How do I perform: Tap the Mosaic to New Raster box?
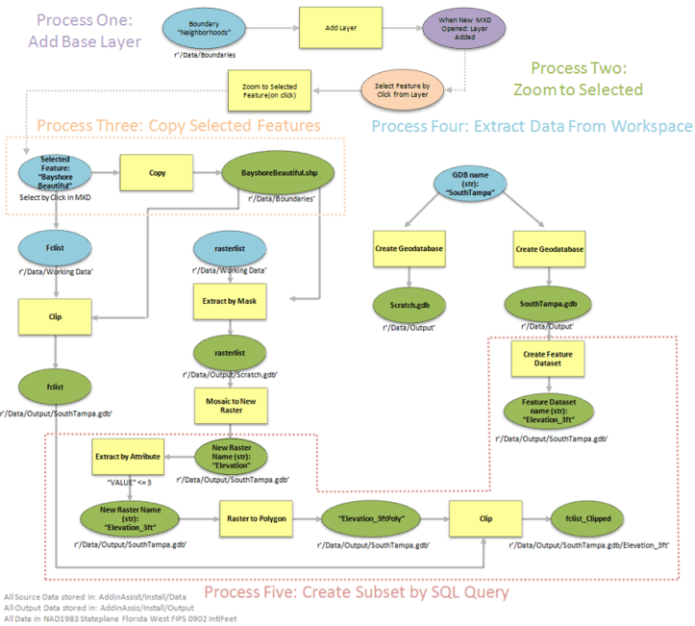point(230,403)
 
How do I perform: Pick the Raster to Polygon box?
point(255,518)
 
